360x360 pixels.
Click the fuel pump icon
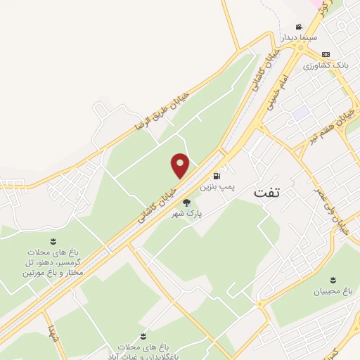coord(216,175)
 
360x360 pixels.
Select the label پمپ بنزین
coord(216,187)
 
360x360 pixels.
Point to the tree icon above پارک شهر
coord(186,202)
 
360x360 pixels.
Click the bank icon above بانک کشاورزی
coord(325,54)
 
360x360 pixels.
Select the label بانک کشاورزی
coord(325,65)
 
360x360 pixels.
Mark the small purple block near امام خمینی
coord(302,112)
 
